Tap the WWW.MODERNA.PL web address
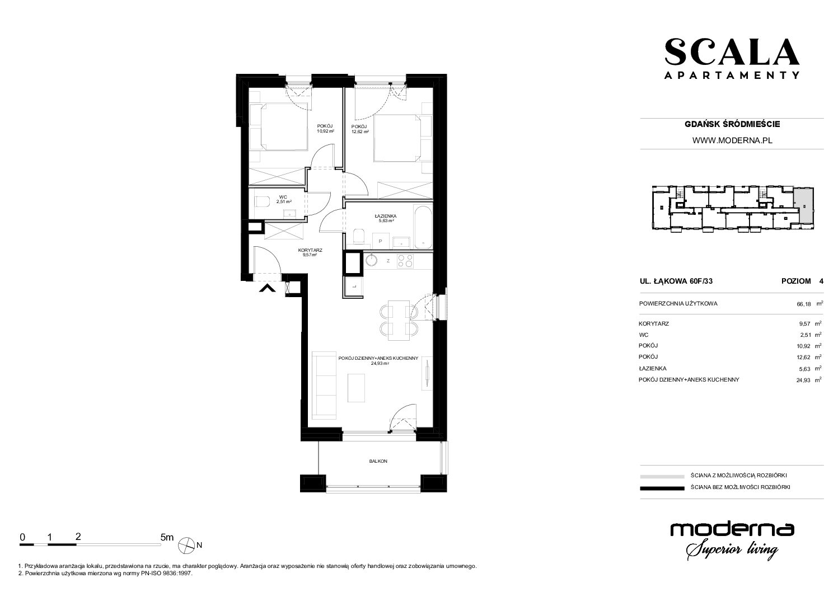pos(732,140)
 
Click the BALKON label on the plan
pos(378,461)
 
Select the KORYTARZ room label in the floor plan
pos(310,250)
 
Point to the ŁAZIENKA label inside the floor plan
pos(386,216)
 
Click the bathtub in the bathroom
pos(423,227)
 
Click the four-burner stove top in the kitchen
pos(405,261)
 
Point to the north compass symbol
pos(186,545)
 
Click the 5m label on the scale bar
pos(167,537)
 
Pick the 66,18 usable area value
pos(804,304)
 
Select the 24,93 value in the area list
pos(804,380)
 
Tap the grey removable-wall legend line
pos(662,476)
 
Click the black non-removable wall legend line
pos(662,488)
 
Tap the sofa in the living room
pos(324,384)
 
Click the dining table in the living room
pos(399,320)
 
